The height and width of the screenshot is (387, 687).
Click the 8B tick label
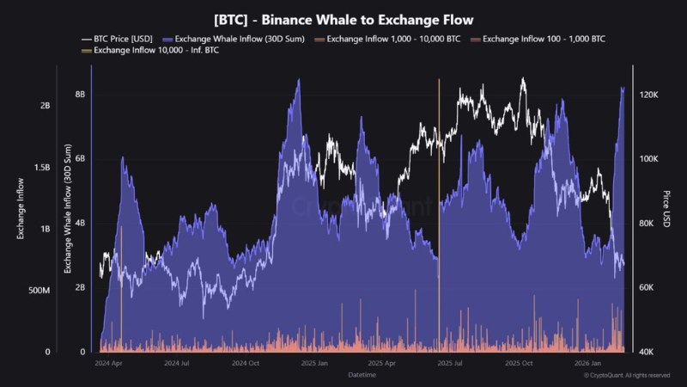coord(80,95)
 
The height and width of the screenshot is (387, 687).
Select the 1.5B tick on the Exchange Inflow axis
coord(41,167)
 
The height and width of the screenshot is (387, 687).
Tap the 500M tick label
coord(40,291)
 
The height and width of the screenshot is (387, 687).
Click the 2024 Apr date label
coord(108,364)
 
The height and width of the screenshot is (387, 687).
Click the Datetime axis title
coord(362,376)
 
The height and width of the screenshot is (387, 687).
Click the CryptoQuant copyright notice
coord(627,376)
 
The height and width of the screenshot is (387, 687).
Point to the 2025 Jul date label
coord(450,364)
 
